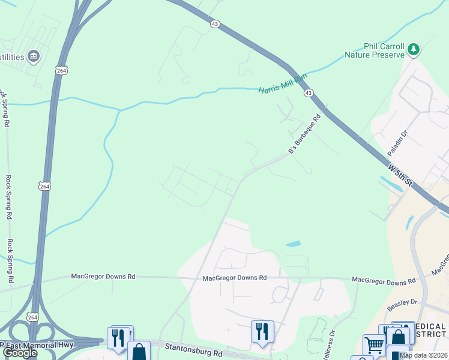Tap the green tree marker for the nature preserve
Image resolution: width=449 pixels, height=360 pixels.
point(414,49)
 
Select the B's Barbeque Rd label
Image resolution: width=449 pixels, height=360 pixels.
point(305,135)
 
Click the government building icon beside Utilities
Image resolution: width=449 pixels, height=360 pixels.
point(34,56)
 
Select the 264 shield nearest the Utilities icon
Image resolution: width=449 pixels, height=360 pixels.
point(61,70)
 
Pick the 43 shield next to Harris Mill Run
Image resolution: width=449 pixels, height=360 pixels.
point(308,93)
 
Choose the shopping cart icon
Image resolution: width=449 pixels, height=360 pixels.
point(374,344)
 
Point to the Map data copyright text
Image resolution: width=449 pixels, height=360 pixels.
point(424,355)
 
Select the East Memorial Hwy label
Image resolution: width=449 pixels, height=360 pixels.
point(36,345)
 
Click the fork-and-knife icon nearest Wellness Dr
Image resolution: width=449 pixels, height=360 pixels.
point(262,331)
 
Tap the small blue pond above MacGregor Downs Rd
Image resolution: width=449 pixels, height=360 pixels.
point(294,244)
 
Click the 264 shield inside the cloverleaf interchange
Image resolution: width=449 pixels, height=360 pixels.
point(32,316)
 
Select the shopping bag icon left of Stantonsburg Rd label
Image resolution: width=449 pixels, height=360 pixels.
point(139,352)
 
